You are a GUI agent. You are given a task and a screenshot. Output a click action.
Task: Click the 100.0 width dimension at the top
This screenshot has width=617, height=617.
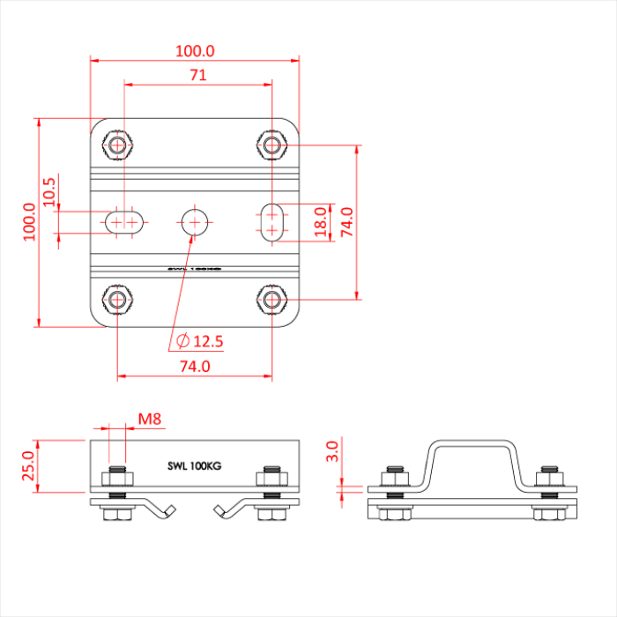(196, 51)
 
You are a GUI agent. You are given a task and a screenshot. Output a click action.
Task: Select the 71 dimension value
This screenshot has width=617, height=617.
(197, 76)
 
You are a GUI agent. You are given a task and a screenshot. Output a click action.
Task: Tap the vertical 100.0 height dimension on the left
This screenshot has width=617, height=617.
(29, 220)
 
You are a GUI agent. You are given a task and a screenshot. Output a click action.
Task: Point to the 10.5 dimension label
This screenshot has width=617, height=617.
(49, 192)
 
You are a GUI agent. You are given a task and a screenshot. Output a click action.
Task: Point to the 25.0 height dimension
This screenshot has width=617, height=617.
(29, 466)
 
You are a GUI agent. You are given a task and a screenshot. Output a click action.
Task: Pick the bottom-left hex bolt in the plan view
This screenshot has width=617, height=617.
(117, 300)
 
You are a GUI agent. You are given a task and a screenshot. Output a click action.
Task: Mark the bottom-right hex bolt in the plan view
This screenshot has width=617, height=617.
(273, 300)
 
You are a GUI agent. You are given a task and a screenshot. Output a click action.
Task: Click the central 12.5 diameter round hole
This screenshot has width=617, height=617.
(195, 220)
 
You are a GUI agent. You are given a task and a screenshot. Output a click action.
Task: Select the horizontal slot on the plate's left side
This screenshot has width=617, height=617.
(125, 221)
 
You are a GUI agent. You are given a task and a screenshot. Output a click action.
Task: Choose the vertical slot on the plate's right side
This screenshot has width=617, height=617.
(273, 221)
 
